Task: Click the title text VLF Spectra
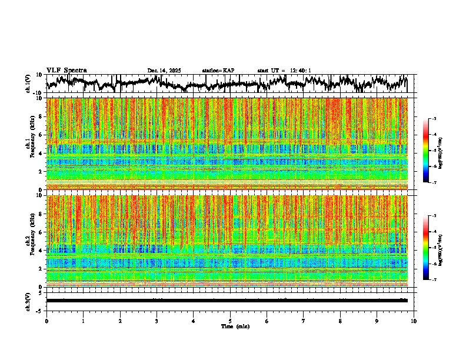click(x=66, y=70)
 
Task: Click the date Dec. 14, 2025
click(x=164, y=71)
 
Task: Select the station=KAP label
click(x=218, y=71)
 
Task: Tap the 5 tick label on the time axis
click(x=230, y=321)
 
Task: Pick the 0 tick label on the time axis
click(x=46, y=321)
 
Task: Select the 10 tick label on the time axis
click(x=414, y=321)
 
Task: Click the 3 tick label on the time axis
click(x=157, y=321)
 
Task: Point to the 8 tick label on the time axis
click(x=341, y=321)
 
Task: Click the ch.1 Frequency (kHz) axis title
click(x=31, y=144)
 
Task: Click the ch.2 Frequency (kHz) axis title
click(x=31, y=241)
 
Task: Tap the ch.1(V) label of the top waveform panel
click(x=28, y=84)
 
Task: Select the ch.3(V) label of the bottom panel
click(x=28, y=300)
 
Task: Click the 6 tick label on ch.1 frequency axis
click(x=41, y=135)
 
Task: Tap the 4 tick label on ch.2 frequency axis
click(x=41, y=251)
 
